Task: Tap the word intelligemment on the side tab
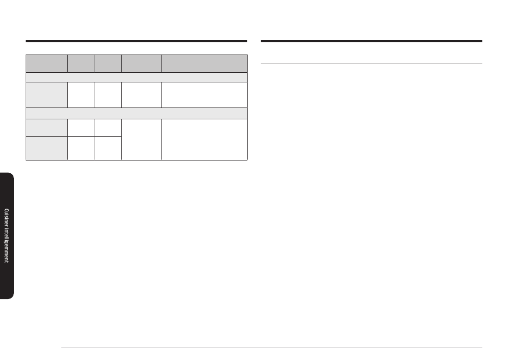point(6,246)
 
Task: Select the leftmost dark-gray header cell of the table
point(47,64)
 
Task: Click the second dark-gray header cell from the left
point(81,64)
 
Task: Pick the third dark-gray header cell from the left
point(108,64)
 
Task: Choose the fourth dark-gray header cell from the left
point(142,64)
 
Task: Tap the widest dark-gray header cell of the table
point(204,64)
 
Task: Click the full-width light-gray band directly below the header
point(136,77)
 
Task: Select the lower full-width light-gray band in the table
point(136,113)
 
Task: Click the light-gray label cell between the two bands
point(47,95)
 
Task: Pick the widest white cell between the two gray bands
point(204,95)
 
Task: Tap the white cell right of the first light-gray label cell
point(81,95)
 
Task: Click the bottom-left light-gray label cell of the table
point(47,148)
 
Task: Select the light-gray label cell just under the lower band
point(47,128)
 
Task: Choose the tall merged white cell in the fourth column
point(142,140)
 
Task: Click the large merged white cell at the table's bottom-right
point(204,140)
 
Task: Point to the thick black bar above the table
point(136,41)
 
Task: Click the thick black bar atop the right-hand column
point(372,41)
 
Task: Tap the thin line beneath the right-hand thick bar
point(372,64)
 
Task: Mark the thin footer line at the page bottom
point(272,348)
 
